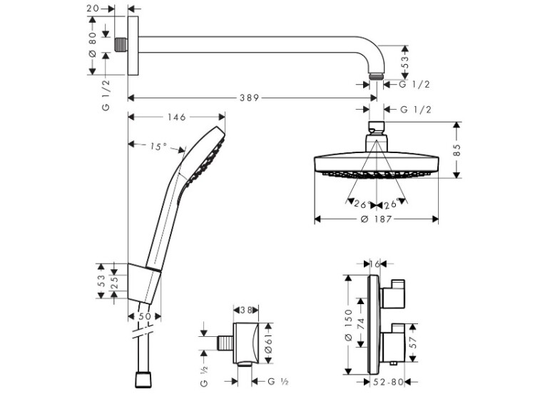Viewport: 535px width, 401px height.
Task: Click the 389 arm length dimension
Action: click(249, 98)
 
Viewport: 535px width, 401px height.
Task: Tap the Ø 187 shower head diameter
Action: click(377, 219)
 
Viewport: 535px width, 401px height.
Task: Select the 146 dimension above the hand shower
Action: click(177, 118)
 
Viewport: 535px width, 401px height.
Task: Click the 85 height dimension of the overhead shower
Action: click(457, 150)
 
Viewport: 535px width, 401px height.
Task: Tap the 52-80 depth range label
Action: click(389, 382)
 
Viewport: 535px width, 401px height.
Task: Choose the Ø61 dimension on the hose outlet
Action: click(267, 343)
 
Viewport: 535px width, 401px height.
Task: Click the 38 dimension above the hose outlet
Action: click(245, 310)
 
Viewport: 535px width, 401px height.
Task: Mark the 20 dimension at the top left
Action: click(93, 8)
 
